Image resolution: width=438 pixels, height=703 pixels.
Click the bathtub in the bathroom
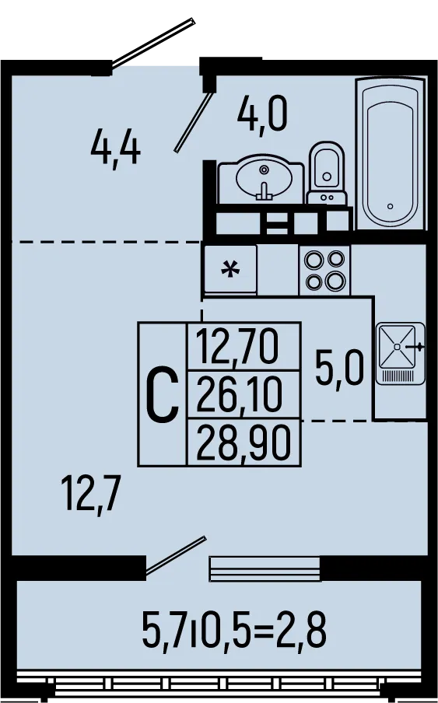click(x=390, y=154)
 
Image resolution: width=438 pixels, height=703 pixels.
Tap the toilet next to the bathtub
click(x=327, y=173)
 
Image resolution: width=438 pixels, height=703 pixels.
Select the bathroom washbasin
click(x=261, y=178)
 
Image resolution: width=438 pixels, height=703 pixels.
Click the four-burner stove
click(x=324, y=270)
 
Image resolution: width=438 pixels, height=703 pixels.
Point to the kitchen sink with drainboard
click(x=401, y=353)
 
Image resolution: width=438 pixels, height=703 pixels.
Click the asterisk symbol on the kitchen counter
click(x=231, y=270)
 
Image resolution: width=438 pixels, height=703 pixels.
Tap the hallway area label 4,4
click(x=116, y=149)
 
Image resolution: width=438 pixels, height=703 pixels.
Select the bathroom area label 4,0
click(x=262, y=115)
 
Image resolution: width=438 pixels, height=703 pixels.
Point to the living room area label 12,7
click(x=92, y=495)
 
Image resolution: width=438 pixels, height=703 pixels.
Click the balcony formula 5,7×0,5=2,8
click(x=234, y=630)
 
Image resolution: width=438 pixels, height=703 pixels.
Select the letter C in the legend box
click(x=163, y=394)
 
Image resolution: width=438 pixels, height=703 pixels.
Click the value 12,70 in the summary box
click(x=237, y=346)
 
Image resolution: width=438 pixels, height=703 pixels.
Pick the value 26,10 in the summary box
click(x=240, y=394)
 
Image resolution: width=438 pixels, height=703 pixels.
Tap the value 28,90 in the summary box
click(x=244, y=442)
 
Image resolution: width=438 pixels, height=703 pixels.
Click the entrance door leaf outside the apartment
click(x=153, y=43)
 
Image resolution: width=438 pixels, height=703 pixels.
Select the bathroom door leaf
click(x=193, y=122)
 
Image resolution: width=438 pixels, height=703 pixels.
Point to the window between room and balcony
click(x=265, y=568)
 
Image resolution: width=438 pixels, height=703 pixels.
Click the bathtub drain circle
click(x=390, y=206)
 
